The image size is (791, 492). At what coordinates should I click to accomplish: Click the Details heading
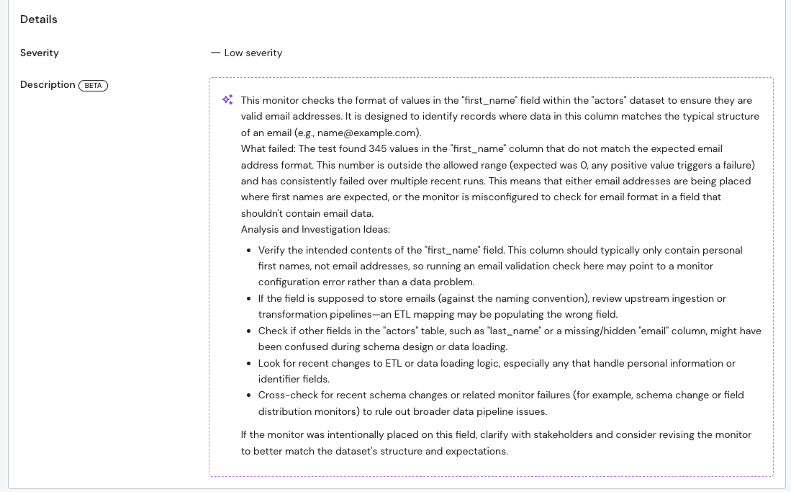[x=39, y=19]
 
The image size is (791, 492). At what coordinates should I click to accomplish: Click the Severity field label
[x=40, y=53]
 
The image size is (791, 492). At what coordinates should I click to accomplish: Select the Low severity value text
[x=253, y=53]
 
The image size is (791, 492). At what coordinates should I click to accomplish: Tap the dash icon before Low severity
[x=215, y=53]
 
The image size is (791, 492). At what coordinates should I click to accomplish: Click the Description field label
[x=48, y=84]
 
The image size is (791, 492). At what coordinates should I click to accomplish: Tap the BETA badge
[x=94, y=85]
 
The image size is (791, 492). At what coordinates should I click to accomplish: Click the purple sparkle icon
[x=227, y=100]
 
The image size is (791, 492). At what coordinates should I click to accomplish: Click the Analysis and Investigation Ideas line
[x=315, y=229]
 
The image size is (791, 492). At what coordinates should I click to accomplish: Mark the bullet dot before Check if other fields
[x=249, y=331]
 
